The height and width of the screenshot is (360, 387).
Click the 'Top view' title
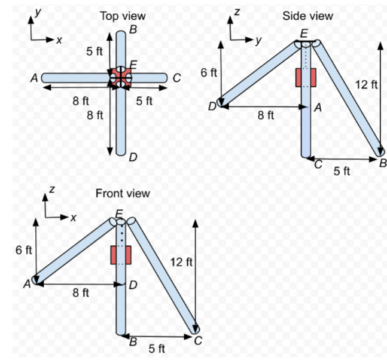[x=123, y=16]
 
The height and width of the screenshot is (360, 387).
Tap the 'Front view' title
[x=123, y=193]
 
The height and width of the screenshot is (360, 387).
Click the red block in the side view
[x=306, y=78]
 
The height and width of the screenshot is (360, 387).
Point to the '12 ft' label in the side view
[x=365, y=84]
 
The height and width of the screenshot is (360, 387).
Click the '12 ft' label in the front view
[x=181, y=261]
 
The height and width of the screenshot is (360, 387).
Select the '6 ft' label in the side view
[x=209, y=73]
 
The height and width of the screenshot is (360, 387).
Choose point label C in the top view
[x=176, y=78]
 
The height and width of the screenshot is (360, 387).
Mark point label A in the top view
[x=34, y=78]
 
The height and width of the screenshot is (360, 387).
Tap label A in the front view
[x=27, y=285]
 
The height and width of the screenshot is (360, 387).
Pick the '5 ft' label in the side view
[x=342, y=171]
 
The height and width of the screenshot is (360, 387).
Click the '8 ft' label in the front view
[x=81, y=293]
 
